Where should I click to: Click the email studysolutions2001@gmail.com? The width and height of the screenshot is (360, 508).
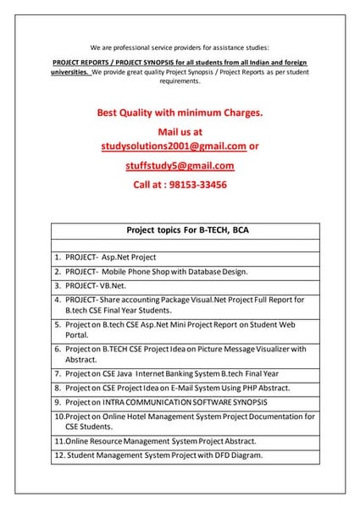[x=173, y=146]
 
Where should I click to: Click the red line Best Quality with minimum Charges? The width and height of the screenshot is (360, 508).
[x=180, y=111]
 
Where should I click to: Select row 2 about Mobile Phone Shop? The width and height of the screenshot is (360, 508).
[x=161, y=272]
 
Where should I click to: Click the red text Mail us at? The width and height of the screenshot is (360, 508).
[x=180, y=132]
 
